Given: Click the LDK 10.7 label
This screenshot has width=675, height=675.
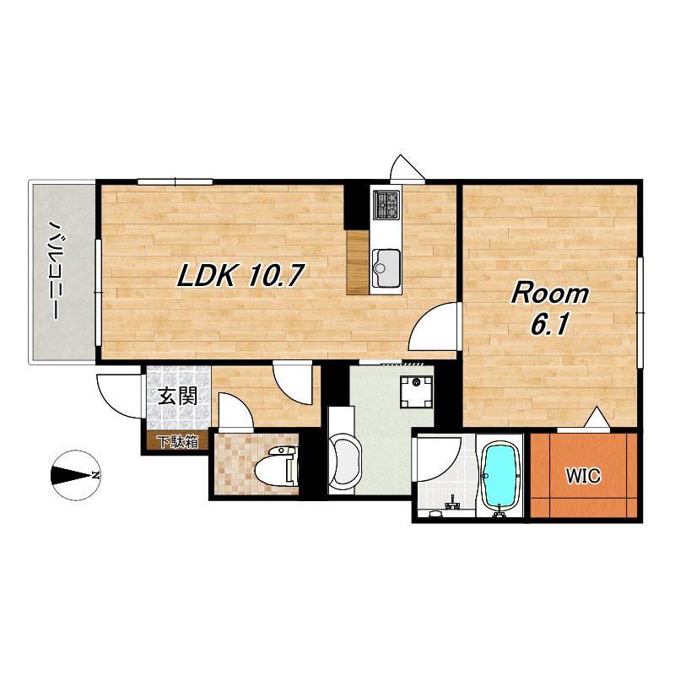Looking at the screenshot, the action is (241, 275).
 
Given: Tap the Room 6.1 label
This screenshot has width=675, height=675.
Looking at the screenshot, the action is (550, 309).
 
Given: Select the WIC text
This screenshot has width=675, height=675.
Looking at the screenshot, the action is (583, 476).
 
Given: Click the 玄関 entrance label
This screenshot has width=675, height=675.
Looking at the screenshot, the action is (178, 396).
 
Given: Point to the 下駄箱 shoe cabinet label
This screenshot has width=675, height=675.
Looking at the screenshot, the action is (177, 441).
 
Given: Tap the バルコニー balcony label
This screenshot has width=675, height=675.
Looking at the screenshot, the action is (55, 271).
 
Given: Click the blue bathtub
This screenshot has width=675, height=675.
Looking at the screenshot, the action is (499, 476).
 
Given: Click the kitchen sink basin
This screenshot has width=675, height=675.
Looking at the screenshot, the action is (386, 267).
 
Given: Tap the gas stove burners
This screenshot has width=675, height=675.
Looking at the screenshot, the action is (386, 204).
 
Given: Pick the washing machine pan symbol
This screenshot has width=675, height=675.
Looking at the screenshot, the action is (416, 391).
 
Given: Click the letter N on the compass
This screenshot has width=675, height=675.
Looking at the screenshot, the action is (94, 475).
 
